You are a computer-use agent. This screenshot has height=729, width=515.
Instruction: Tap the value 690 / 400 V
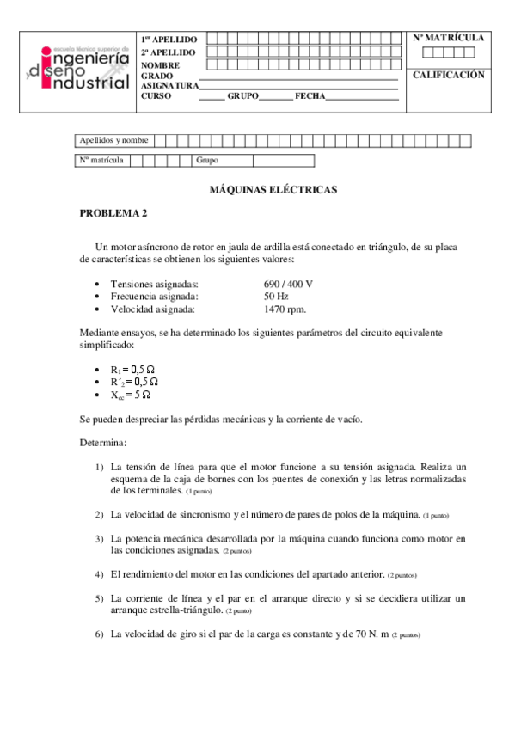pyautogui.click(x=288, y=284)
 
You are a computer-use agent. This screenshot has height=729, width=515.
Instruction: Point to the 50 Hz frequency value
pyautogui.click(x=276, y=296)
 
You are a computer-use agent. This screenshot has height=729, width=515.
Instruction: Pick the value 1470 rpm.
pyautogui.click(x=285, y=309)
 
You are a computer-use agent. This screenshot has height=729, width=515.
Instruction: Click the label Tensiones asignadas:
pyautogui.click(x=155, y=284)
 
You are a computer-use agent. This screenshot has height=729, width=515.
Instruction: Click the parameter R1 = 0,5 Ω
pyautogui.click(x=133, y=368)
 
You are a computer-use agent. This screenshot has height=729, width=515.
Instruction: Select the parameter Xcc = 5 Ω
pyautogui.click(x=131, y=395)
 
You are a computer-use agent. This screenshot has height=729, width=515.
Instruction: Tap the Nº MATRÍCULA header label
pyautogui.click(x=449, y=38)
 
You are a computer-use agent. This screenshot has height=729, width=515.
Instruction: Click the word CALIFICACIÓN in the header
pyautogui.click(x=449, y=75)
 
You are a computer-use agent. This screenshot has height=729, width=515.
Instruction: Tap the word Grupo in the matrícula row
pyautogui.click(x=207, y=160)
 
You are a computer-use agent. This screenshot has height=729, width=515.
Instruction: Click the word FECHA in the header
pyautogui.click(x=310, y=96)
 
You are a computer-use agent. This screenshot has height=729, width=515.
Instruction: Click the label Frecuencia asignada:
pyautogui.click(x=155, y=296)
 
